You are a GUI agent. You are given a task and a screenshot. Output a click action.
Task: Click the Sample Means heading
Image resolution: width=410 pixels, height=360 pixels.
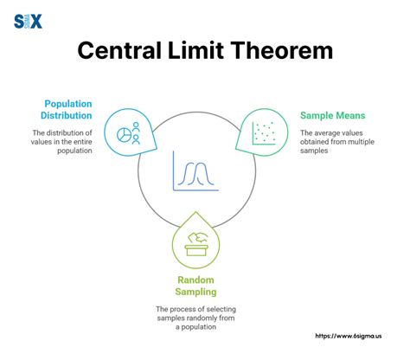click(x=332, y=114)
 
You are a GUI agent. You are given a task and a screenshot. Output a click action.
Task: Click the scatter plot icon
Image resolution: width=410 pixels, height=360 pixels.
click(x=263, y=132)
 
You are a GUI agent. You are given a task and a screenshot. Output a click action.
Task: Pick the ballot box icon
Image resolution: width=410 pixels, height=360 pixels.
click(x=195, y=245)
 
